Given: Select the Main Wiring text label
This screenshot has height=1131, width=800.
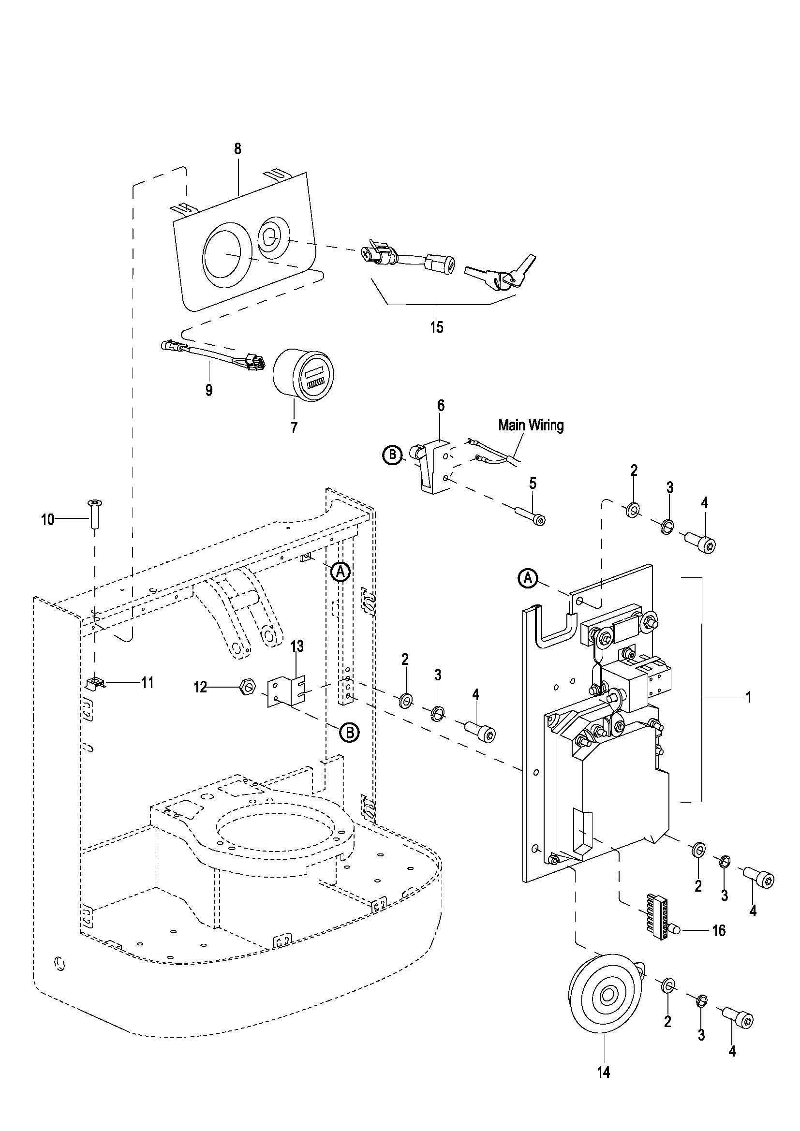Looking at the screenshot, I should click(531, 425).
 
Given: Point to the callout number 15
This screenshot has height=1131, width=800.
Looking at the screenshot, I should click(436, 326).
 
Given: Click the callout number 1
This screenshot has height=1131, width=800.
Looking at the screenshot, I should click(748, 698).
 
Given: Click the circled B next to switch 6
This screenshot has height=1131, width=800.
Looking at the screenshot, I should click(392, 455).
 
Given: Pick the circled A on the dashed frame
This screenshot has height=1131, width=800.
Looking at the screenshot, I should click(340, 572).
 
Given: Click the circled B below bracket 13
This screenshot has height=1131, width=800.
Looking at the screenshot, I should click(349, 733).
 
